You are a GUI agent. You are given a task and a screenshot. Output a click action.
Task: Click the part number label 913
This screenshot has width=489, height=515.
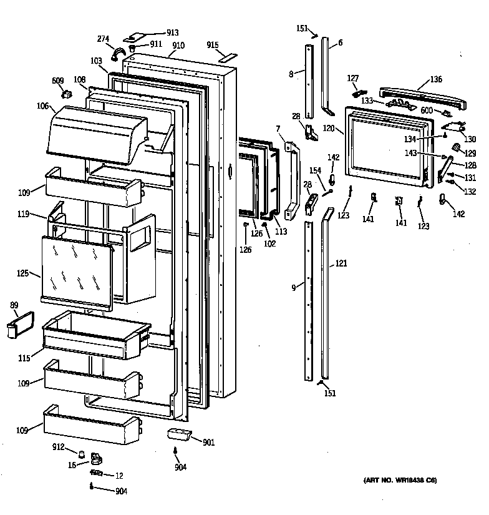tap(172, 32)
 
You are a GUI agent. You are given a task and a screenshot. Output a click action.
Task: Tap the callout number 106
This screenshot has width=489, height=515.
tap(42, 106)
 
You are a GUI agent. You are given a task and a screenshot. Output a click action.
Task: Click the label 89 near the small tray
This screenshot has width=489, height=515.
tap(14, 305)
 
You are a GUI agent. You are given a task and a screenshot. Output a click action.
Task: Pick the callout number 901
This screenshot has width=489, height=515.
tap(208, 443)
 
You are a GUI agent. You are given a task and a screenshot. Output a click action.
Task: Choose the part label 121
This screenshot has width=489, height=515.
tap(341, 264)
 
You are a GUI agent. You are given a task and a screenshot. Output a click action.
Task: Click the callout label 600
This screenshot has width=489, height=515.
tap(426, 110)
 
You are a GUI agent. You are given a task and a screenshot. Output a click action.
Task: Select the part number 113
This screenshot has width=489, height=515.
tap(281, 230)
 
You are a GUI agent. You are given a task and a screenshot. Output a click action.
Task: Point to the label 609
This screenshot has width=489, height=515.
tap(57, 81)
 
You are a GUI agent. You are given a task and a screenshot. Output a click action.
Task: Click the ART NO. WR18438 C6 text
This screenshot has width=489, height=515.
tap(400, 480)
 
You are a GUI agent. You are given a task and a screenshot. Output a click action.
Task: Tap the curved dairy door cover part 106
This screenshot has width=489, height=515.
tap(94, 134)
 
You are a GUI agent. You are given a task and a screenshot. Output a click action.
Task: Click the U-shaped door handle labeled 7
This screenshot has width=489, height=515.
tap(291, 181)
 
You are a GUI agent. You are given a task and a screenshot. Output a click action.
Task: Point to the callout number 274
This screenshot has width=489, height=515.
tap(103, 39)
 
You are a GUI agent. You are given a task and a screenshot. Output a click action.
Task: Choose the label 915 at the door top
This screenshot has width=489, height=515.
tap(213, 45)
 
